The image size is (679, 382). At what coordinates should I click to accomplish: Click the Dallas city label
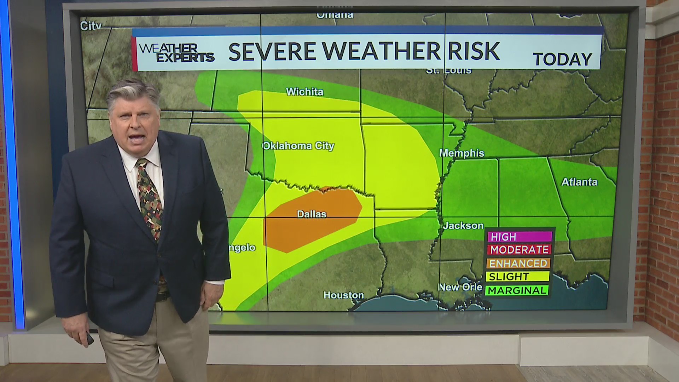click(311, 214)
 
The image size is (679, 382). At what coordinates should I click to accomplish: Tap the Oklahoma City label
click(298, 146)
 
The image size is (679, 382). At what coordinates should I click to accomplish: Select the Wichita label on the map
click(304, 92)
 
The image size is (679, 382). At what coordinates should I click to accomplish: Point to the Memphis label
click(462, 153)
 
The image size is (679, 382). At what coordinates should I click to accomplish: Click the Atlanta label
click(579, 182)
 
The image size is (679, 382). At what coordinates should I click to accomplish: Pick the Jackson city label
click(463, 225)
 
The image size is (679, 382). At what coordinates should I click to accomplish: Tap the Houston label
click(343, 295)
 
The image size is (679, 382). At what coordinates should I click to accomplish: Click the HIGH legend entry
click(519, 236)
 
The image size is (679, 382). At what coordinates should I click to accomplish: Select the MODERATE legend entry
click(519, 250)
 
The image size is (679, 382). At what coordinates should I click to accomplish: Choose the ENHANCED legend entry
click(518, 263)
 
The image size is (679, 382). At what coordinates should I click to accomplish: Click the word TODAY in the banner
click(562, 59)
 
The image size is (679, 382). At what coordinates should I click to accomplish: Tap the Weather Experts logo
click(176, 53)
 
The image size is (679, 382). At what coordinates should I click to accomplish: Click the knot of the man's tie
click(142, 164)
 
